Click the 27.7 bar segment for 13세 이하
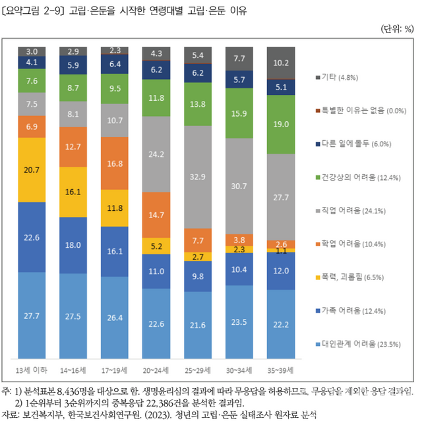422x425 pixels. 32,316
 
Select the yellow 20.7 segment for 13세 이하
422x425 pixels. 32,169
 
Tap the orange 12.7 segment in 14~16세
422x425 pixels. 73,146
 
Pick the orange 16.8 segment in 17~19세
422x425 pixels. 115,163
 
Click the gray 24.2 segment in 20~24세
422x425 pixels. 156,154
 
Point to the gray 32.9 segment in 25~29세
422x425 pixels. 198,177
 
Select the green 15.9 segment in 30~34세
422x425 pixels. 239,113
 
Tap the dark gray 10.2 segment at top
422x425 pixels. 281,63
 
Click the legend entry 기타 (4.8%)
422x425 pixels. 339,78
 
